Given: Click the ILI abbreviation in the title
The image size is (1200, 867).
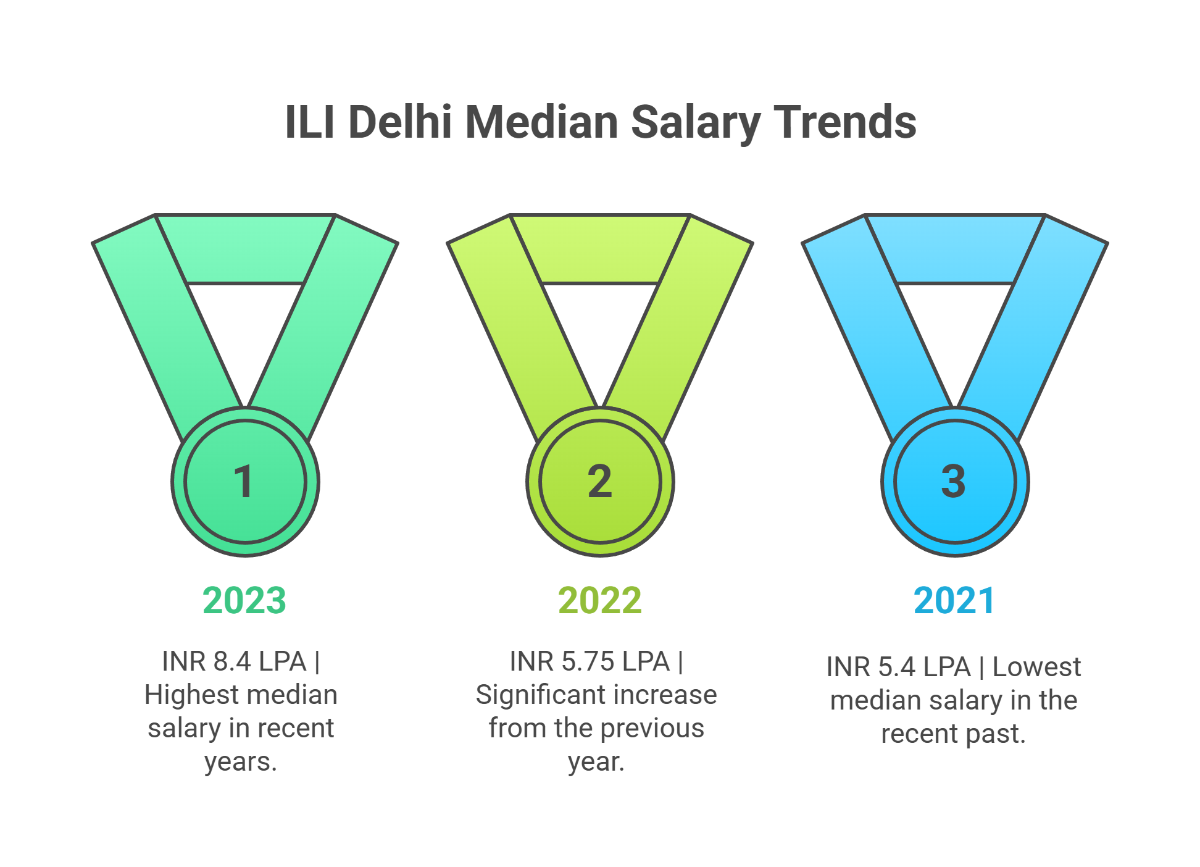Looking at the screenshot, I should tap(310, 122).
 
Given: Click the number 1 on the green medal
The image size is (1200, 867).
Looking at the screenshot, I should tap(244, 482).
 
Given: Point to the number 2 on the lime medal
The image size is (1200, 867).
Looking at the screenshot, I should tap(599, 482).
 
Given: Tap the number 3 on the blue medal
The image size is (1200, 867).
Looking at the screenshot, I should tap(954, 482).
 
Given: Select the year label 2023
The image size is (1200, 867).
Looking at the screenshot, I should tap(244, 600).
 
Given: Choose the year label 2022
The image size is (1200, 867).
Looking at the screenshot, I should tap(599, 600).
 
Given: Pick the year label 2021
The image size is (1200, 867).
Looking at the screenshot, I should tap(954, 600).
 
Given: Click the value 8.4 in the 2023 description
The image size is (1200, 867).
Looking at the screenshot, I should tap(232, 661).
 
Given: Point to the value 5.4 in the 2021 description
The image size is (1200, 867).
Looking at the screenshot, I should tap(896, 667).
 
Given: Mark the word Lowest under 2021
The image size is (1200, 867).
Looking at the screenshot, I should tap(1036, 667).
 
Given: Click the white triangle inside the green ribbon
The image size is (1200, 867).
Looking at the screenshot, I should tap(245, 327).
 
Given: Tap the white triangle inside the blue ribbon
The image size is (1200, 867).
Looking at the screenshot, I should tap(954, 327).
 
